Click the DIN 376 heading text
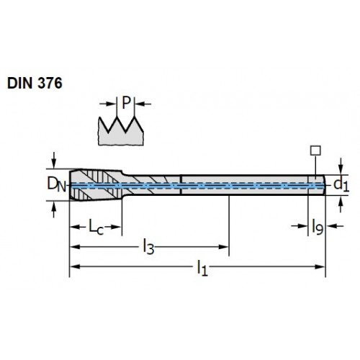35,84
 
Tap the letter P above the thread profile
126,103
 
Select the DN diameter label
56,184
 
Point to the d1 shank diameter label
341,185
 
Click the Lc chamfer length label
96,226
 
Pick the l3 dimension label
148,247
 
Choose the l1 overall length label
202,268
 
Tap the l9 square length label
318,227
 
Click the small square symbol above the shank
315,150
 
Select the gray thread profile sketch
121,131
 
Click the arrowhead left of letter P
112,104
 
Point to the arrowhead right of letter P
139,104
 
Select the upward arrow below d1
341,204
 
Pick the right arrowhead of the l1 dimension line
320,266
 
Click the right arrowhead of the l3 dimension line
223,247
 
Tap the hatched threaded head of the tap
96,185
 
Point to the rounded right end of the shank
324,185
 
